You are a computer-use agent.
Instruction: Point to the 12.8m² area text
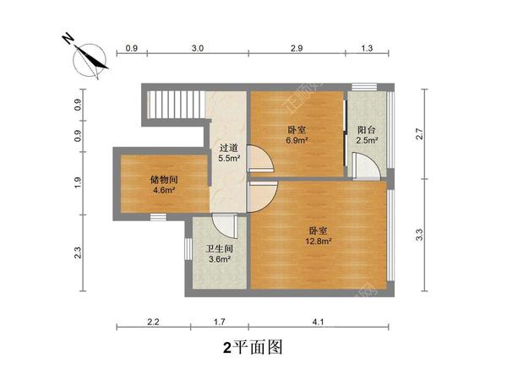click(x=319, y=241)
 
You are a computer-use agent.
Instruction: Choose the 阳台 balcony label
click(x=367, y=130)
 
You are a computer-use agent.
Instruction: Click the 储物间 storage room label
click(x=163, y=180)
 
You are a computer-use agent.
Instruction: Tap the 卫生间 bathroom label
click(x=220, y=249)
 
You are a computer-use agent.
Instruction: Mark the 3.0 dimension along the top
click(x=197, y=49)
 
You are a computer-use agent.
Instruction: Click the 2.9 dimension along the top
click(x=296, y=49)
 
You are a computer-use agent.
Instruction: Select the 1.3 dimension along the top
click(x=367, y=49)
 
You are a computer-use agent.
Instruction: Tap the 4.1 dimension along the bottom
click(x=317, y=322)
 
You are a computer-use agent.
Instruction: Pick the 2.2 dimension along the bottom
click(x=152, y=322)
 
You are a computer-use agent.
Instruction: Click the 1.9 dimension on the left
click(x=78, y=181)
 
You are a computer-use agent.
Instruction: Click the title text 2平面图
click(x=251, y=347)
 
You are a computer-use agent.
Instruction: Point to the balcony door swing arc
click(x=367, y=166)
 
